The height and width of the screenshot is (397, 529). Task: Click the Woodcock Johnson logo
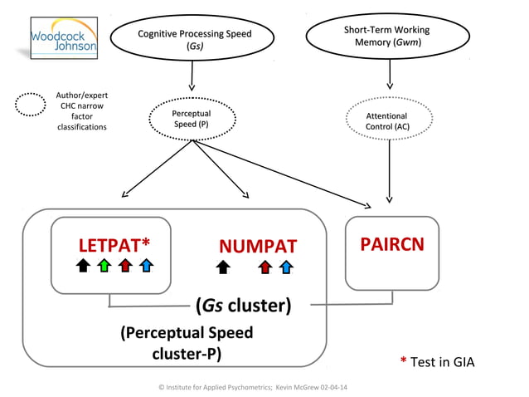(64, 39)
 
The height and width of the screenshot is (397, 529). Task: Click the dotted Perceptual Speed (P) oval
(192, 119)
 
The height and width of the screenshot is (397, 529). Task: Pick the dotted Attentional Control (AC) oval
(386, 121)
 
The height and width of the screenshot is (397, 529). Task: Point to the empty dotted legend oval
(31, 105)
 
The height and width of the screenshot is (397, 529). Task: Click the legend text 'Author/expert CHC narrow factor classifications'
(80, 111)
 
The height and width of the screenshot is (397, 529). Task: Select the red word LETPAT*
(114, 245)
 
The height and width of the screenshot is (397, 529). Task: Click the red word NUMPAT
(257, 247)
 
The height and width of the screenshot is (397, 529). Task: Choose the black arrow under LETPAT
(82, 267)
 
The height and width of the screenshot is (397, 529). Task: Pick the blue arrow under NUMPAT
(285, 267)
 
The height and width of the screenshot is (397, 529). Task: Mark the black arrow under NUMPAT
(222, 267)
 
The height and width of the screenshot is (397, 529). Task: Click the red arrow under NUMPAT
(264, 267)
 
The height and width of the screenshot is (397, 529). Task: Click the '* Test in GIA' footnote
(437, 361)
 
